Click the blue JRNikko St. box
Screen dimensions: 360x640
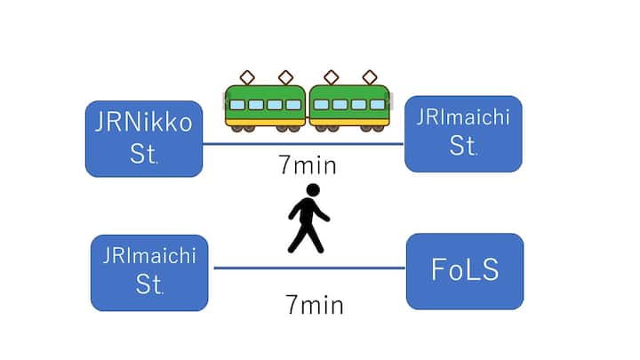tap(143, 138)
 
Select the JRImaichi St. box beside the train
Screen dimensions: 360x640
tap(463, 133)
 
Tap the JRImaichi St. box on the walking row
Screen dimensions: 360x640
tap(149, 272)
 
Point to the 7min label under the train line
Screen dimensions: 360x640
tap(305, 165)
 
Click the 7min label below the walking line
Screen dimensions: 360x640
tap(314, 306)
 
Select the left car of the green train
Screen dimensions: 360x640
tap(265, 104)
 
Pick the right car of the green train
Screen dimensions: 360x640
tap(349, 104)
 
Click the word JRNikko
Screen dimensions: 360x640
tap(143, 122)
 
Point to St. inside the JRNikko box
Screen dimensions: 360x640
tap(141, 154)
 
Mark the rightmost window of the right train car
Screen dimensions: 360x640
tap(377, 104)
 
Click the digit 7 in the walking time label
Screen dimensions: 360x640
tap(291, 306)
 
